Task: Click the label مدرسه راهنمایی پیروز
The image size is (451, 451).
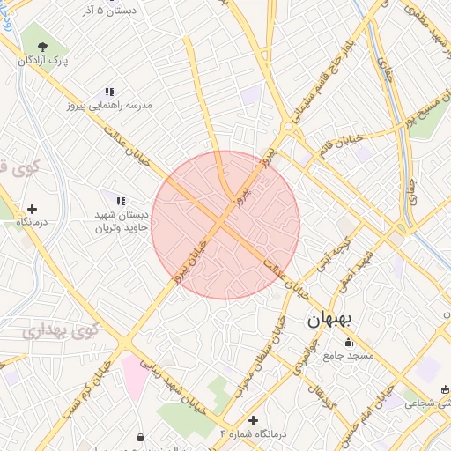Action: pyautogui.click(x=108, y=105)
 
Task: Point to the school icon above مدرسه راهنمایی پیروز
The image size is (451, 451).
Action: pyautogui.click(x=109, y=91)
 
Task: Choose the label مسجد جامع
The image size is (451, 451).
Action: pyautogui.click(x=348, y=356)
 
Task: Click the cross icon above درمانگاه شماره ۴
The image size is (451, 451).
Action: pyautogui.click(x=254, y=420)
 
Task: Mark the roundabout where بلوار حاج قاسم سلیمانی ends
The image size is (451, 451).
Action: pyautogui.click(x=287, y=128)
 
